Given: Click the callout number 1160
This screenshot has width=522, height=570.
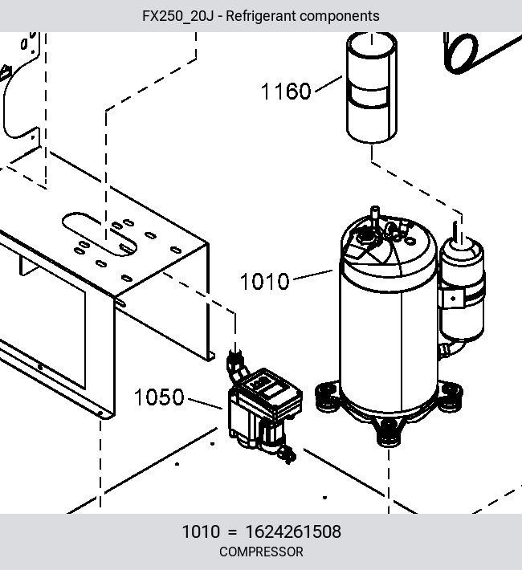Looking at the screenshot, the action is point(286,92).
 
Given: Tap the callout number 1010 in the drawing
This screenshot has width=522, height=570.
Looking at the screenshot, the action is point(264,281).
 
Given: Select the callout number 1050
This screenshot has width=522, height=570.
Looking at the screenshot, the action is point(159,397).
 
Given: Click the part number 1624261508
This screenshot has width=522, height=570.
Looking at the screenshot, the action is point(293,531).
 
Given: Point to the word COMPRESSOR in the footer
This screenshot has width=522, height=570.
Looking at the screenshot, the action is point(261,552).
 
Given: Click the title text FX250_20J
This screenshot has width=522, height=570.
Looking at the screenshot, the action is point(177,16).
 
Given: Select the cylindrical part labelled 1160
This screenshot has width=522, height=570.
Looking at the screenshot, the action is point(371,88).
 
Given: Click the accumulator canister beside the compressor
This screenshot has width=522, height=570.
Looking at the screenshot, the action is point(462,291).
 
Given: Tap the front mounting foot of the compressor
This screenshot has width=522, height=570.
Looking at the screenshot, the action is point(388,433).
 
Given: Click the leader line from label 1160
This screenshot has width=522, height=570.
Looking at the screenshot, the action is point(328,83).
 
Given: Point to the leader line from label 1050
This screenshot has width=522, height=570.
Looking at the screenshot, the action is point(205,404).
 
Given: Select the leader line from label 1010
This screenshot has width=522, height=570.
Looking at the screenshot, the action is point(313,275).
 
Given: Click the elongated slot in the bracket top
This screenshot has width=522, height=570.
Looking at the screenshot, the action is point(100,234).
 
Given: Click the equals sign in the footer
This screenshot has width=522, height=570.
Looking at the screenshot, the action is point(232,532).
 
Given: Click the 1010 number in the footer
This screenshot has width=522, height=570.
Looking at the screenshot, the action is point(201,531).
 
